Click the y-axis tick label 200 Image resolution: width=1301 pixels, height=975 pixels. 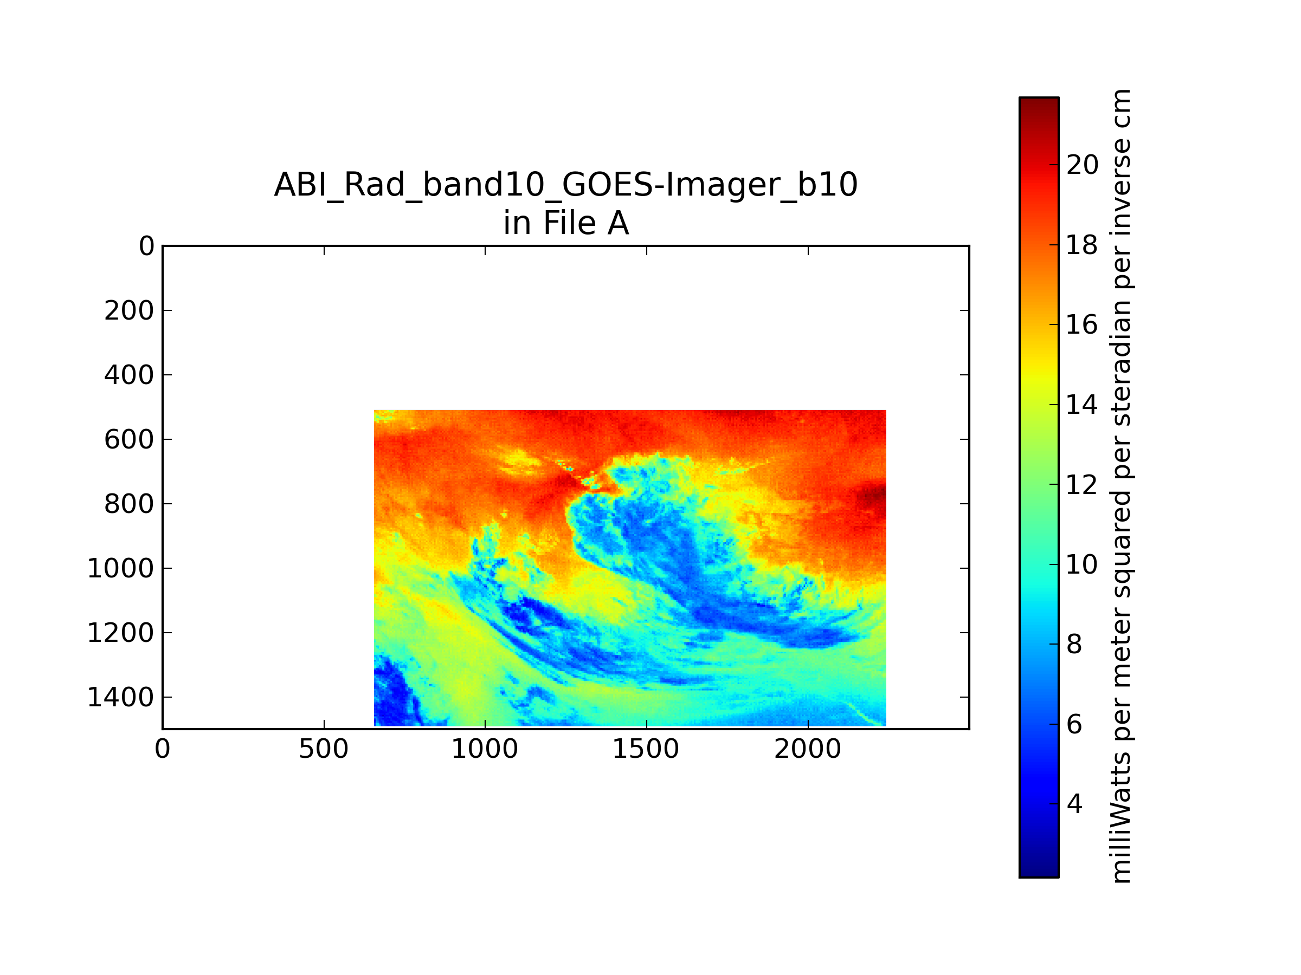coord(129,311)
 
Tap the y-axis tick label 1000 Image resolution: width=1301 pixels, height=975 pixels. coord(120,569)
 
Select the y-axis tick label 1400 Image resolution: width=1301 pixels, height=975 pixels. coord(120,698)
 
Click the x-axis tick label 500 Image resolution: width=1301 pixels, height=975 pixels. coord(324,749)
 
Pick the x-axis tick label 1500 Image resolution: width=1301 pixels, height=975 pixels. coord(646,749)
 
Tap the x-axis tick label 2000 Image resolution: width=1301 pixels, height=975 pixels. coord(808,749)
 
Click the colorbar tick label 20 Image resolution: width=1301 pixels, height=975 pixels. coord(1082,165)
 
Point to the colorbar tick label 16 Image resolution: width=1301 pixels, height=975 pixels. coord(1082,325)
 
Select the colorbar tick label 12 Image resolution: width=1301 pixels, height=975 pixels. coord(1082,485)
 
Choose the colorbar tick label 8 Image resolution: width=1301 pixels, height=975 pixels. coord(1074,645)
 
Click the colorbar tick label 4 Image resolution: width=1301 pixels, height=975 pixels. coord(1074,804)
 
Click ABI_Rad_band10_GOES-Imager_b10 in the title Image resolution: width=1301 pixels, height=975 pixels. coord(566,185)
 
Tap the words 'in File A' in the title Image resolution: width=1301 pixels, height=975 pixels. coord(566,223)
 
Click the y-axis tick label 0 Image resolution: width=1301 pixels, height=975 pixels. coord(146,246)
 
